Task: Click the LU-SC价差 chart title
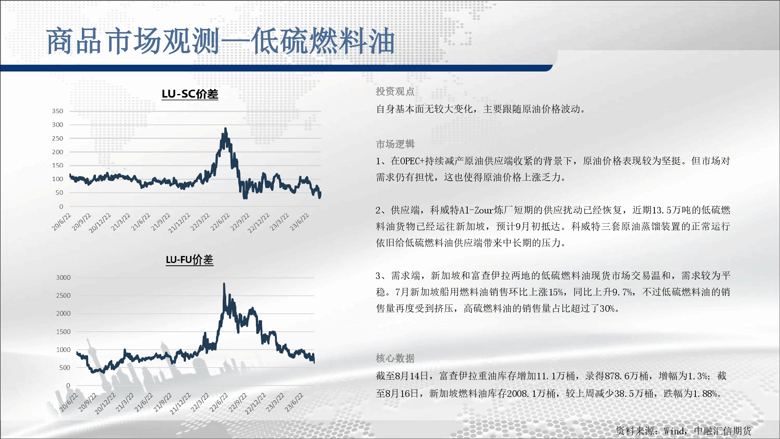coord(190,94)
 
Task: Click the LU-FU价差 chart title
coord(190,260)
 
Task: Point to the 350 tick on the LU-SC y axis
coord(57,111)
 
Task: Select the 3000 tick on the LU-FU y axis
coord(63,277)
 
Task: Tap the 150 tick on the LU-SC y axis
coord(57,165)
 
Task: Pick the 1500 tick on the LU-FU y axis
coord(63,332)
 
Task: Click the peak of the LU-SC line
coord(225,128)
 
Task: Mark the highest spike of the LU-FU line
coord(224,284)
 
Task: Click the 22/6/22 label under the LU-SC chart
coord(221,222)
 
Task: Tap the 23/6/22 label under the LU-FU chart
coord(294,402)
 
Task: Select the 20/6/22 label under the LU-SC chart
coord(62,222)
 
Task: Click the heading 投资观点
coord(395,91)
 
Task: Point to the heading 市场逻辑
coord(395,144)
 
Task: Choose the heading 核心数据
coord(395,358)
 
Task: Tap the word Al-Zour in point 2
coord(477,210)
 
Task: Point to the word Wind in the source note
coord(674,431)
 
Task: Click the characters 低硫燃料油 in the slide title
coord(323,41)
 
